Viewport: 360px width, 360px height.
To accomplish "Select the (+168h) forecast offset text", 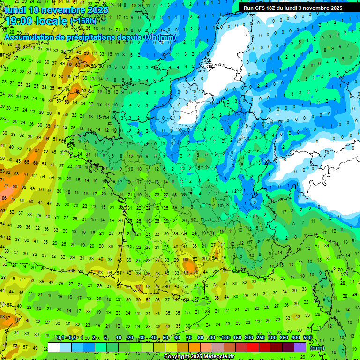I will point(83,21).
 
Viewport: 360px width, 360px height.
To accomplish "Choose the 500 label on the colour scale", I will point(307,338).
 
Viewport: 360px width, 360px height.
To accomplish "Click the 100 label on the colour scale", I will point(225,338).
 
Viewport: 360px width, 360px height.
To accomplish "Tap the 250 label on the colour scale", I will point(261,338).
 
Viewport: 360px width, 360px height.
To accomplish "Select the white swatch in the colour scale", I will point(54,347).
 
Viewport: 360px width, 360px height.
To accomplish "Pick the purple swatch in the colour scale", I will point(300,347).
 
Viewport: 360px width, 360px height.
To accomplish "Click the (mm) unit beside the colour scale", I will point(317,348).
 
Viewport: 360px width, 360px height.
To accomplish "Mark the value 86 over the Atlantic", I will point(4,198).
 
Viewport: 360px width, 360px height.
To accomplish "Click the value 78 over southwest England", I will point(76,90).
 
